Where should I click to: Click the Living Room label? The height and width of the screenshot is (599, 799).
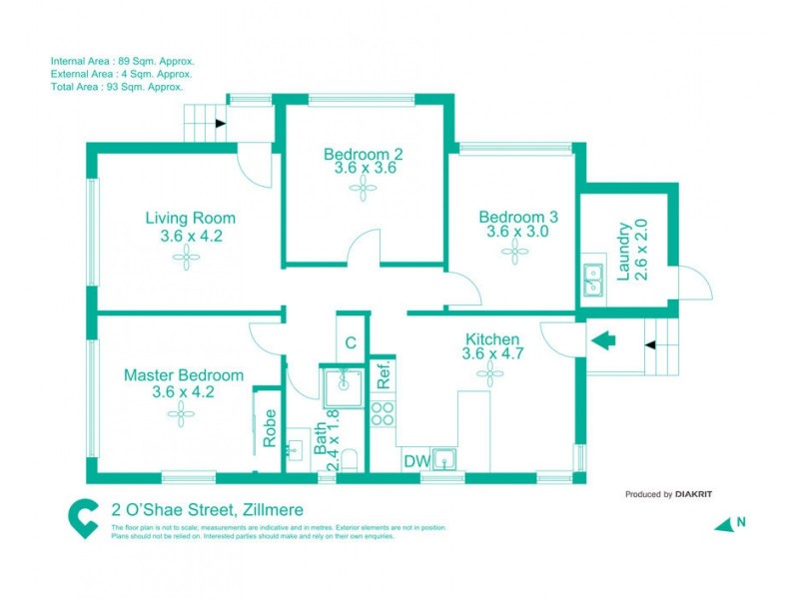pyautogui.click(x=190, y=218)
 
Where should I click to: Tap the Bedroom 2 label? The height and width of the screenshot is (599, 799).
pyautogui.click(x=364, y=154)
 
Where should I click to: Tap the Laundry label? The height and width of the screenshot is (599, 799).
pyautogui.click(x=623, y=250)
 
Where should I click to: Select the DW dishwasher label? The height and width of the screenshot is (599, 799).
pyautogui.click(x=415, y=460)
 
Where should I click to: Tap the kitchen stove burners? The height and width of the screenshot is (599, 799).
pyautogui.click(x=383, y=412)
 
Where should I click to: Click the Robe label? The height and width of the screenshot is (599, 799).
pyautogui.click(x=270, y=427)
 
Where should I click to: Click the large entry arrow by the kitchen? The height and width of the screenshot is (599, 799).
pyautogui.click(x=604, y=340)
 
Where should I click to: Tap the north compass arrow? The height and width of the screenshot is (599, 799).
pyautogui.click(x=724, y=523)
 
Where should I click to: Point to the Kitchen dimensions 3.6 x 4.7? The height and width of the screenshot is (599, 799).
pyautogui.click(x=491, y=353)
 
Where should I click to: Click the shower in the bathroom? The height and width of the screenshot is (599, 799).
pyautogui.click(x=343, y=384)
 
